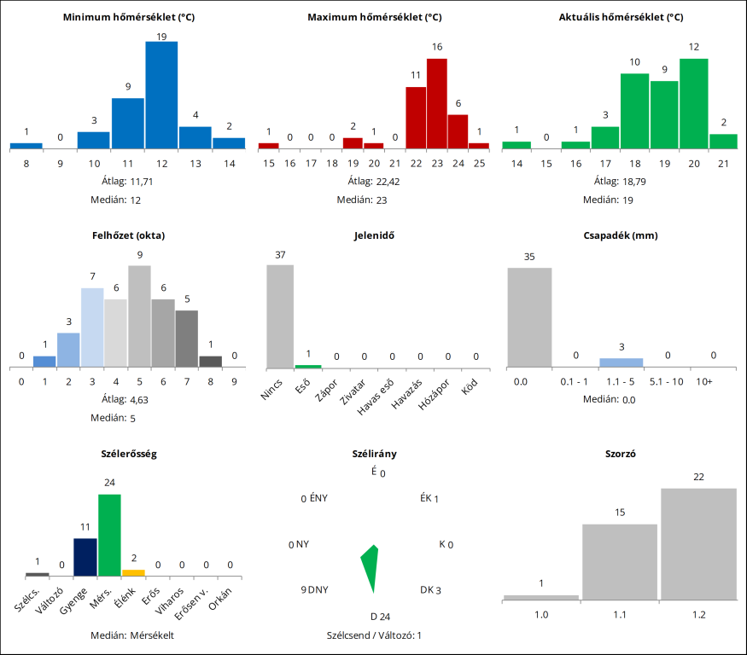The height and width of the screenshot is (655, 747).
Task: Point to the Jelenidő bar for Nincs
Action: (x=280, y=316)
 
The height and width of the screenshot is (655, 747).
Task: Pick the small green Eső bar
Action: (x=308, y=366)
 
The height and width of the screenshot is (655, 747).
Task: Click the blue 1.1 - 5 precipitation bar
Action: (x=622, y=362)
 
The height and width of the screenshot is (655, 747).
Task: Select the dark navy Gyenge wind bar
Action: (x=85, y=557)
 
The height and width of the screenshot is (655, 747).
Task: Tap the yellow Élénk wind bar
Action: (x=133, y=572)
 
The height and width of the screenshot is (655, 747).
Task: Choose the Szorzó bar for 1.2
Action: (x=698, y=543)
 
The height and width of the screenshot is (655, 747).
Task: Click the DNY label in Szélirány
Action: (x=318, y=589)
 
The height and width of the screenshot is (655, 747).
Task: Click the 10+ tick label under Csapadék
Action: (x=703, y=380)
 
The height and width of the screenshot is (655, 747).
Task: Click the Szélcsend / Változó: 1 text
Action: (x=374, y=635)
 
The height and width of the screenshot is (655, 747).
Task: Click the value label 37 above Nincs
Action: (x=280, y=255)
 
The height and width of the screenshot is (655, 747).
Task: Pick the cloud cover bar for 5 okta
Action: (x=139, y=316)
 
